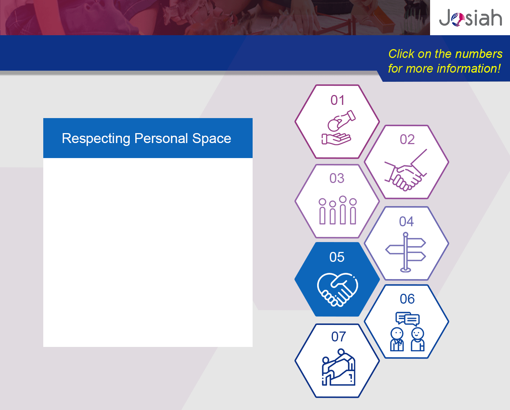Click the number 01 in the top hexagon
(337, 100)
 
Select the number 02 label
(407, 139)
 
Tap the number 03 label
(337, 178)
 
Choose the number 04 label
(407, 222)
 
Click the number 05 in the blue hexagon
(337, 257)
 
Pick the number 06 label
(407, 299)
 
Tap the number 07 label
(338, 337)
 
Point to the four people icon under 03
(338, 210)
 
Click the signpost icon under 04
(406, 252)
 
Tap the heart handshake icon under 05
(337, 290)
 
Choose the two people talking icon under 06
(407, 332)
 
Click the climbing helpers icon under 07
(338, 367)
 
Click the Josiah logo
(470, 17)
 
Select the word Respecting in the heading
(96, 139)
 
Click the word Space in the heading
(212, 139)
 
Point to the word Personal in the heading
(161, 138)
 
